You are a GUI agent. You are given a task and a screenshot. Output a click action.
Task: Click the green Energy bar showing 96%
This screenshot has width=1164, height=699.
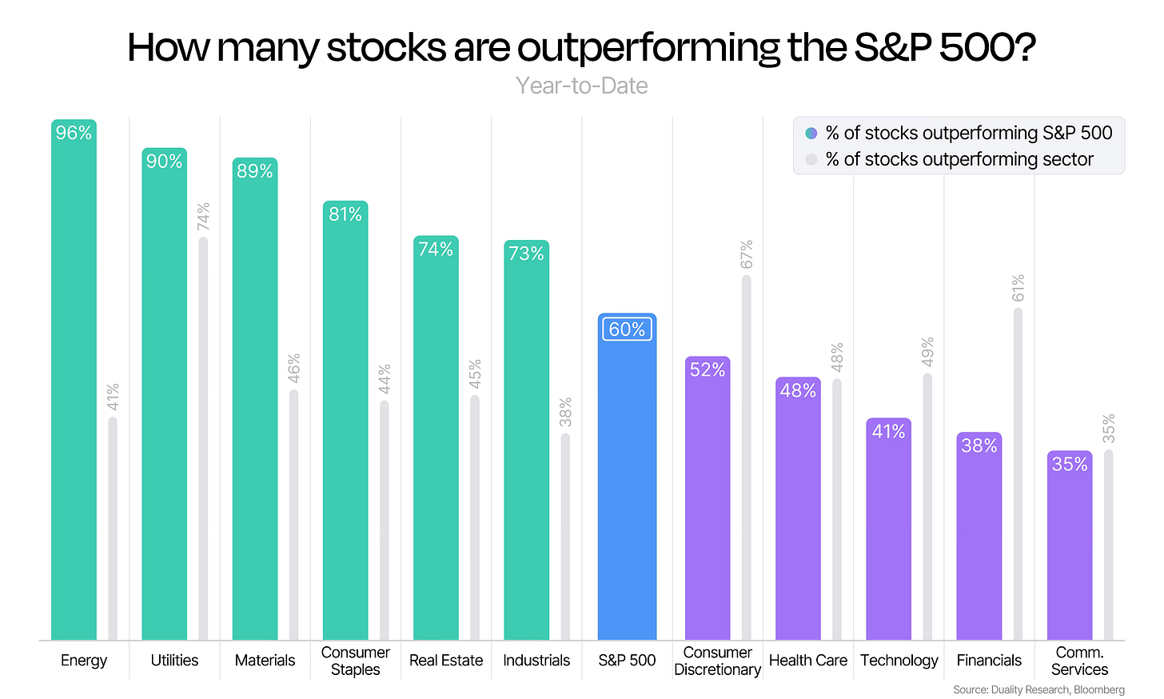74,379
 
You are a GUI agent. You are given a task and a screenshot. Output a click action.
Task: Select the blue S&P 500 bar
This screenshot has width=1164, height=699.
628,477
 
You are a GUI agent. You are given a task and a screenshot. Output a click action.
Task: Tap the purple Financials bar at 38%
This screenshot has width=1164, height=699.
979,536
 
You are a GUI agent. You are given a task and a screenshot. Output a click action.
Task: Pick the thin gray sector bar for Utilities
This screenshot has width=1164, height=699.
203,438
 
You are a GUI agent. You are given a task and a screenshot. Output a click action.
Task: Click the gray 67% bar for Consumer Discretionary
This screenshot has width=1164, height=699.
746,457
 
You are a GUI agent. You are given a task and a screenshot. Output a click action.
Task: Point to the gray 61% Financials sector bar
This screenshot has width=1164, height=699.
1018,474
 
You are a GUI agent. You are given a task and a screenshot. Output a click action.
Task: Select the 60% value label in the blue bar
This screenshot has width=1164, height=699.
628,329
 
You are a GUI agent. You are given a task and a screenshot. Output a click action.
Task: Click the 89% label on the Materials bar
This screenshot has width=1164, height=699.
254,171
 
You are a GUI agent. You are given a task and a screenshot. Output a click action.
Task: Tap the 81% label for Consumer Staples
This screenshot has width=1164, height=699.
345,214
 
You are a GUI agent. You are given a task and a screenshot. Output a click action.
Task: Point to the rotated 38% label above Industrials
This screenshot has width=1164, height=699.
565,412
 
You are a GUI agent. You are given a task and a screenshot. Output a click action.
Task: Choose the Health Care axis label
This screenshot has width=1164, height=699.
808,660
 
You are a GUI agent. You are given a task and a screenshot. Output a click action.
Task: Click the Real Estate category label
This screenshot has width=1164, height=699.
446,660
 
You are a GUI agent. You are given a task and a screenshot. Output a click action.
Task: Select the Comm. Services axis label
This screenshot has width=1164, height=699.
1079,661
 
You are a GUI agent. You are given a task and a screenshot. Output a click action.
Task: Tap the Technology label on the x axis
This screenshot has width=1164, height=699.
899,661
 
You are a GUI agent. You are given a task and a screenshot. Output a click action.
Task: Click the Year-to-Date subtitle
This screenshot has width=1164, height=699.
581,86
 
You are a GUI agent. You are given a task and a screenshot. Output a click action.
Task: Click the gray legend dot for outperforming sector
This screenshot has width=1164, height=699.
811,159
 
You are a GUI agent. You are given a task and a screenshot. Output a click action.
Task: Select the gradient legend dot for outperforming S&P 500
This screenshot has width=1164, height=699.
811,133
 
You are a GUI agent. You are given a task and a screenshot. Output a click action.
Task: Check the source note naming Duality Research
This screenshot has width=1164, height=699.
1038,689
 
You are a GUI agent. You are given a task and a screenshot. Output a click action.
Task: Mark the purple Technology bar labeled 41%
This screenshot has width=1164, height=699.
889,529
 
